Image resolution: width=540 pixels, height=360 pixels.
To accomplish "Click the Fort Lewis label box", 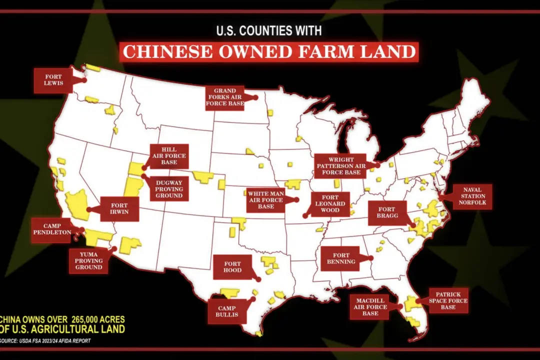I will [x=53, y=80].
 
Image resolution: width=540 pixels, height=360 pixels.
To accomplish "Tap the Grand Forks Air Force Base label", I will [x=225, y=98].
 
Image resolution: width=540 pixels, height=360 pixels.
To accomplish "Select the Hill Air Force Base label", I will [x=169, y=156].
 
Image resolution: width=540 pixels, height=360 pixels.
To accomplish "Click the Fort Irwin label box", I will [x=119, y=208].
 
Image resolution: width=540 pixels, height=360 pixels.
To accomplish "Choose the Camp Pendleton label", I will [x=51, y=229].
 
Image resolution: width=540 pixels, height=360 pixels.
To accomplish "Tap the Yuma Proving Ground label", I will [x=88, y=260].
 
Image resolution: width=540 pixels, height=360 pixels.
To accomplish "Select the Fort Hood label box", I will [x=232, y=267].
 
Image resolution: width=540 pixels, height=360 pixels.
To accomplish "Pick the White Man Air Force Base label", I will [x=266, y=199].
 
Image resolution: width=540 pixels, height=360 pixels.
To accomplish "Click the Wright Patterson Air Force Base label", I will [x=339, y=166].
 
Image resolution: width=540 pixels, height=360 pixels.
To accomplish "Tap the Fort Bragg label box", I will [x=386, y=213].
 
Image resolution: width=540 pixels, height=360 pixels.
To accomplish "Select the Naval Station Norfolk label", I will [x=472, y=197].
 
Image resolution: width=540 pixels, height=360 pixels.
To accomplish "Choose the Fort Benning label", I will [x=341, y=258].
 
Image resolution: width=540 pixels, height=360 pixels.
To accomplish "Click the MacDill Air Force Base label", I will [x=370, y=306].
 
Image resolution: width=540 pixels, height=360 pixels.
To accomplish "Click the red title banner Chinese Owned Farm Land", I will [x=269, y=52].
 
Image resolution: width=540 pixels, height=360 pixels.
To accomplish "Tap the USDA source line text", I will [x=46, y=341].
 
